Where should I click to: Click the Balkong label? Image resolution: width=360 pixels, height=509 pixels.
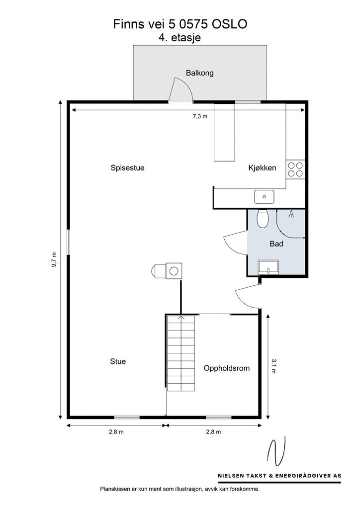click(x=199, y=73)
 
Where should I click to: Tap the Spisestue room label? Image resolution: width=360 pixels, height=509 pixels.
click(x=128, y=168)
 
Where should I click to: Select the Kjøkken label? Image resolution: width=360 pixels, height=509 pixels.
click(x=262, y=168)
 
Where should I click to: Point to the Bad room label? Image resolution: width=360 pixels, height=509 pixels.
click(x=276, y=244)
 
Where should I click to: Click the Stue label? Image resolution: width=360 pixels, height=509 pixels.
click(x=118, y=361)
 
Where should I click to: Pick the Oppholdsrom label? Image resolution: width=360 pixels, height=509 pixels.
click(x=227, y=368)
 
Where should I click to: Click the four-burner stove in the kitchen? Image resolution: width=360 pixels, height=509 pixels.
click(x=295, y=169)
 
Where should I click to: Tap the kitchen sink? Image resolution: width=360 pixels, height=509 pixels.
click(x=264, y=197)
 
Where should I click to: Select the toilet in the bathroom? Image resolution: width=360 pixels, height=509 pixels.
click(x=262, y=219)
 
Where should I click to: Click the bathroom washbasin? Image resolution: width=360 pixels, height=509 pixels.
click(x=268, y=267)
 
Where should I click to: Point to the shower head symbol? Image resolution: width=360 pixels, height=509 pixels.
click(x=291, y=214)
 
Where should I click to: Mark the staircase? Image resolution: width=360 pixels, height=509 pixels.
click(x=181, y=353)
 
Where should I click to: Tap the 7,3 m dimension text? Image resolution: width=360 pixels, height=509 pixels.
click(x=200, y=116)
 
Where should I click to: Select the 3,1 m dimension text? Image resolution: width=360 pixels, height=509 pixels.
click(x=273, y=366)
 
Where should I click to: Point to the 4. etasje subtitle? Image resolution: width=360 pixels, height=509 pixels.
click(x=180, y=37)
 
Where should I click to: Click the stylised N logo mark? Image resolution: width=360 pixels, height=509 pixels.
click(x=276, y=452)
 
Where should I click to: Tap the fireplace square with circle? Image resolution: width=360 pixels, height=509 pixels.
click(x=174, y=271)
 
